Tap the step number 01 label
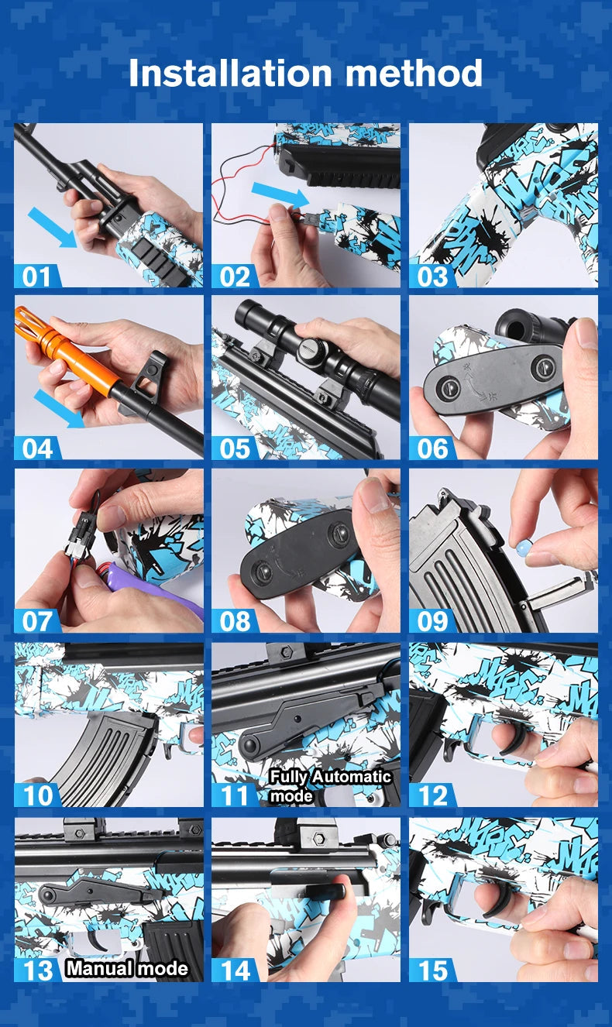[36, 276]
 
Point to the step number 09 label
[431, 621]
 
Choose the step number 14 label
[234, 970]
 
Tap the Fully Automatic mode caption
[330, 785]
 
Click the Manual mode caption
[126, 968]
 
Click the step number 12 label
[431, 795]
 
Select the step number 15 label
[431, 970]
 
